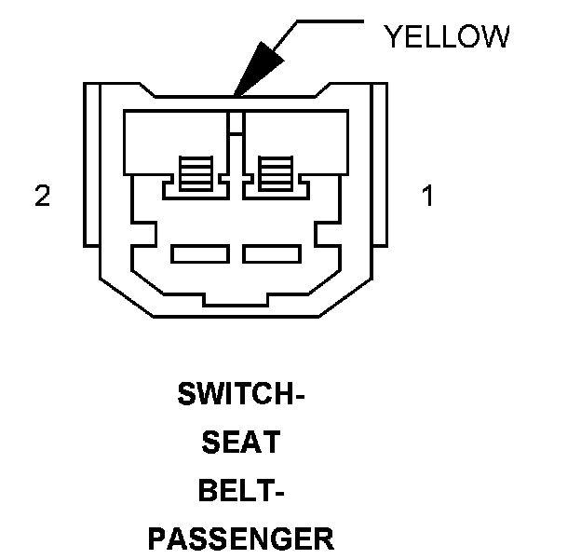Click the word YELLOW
(447, 36)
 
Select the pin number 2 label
(42, 197)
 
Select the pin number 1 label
(427, 197)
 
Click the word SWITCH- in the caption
(241, 395)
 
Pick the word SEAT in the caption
(241, 443)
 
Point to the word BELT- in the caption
(241, 490)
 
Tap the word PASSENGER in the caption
(241, 538)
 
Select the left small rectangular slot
(200, 252)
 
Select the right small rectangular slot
(271, 252)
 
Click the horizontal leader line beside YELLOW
(327, 20)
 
